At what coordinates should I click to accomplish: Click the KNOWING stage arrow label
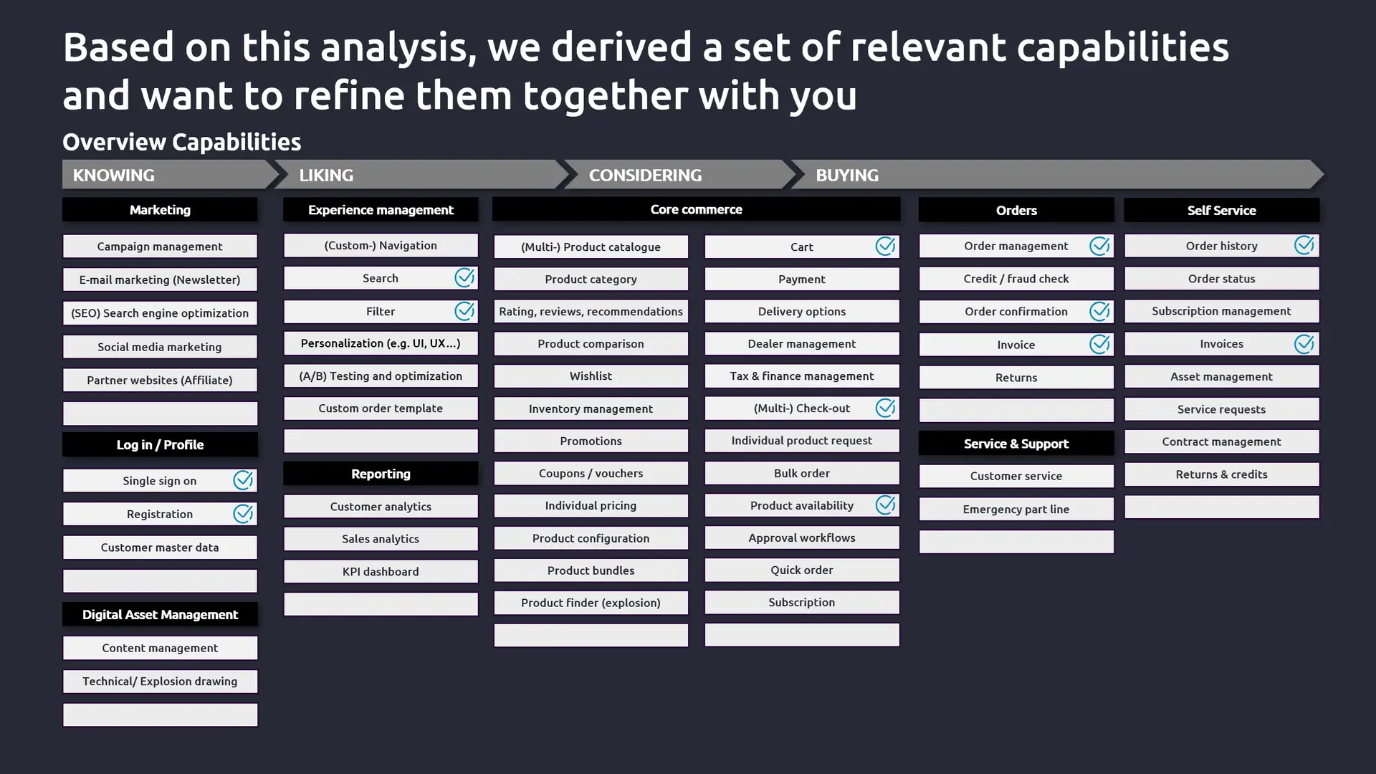coord(113,175)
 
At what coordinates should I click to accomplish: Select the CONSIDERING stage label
coord(645,175)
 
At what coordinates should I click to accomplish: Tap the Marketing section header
coord(160,210)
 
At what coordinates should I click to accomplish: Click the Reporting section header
coord(381,474)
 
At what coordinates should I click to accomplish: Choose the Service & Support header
coord(1016,444)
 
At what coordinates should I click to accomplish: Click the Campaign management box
coord(160,247)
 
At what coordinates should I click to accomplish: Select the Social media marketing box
coord(160,347)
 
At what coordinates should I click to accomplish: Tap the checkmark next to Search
coord(464,277)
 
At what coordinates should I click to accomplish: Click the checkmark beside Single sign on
coord(243,480)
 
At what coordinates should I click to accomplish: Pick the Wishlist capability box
coord(591,376)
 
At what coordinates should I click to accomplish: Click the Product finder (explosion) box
coord(591,603)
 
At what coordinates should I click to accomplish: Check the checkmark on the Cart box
coord(885,246)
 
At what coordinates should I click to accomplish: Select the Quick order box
coord(802,570)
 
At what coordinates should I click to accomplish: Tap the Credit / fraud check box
coord(1016,279)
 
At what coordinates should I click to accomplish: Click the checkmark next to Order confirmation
coord(1099,311)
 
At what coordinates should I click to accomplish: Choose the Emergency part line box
coord(1016,510)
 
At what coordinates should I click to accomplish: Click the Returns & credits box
coord(1221,474)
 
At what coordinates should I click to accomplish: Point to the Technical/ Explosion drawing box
coord(160,682)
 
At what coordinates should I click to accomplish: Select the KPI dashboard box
coord(381,572)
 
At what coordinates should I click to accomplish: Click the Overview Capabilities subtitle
coord(181,142)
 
